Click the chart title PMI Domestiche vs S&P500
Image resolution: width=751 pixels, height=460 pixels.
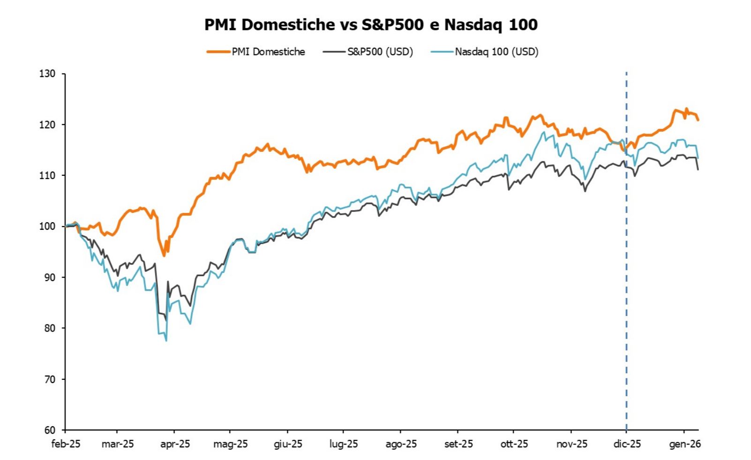pos(370,25)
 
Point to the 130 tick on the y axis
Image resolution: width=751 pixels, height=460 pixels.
pos(47,74)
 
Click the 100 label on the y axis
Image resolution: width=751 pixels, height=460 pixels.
pos(47,226)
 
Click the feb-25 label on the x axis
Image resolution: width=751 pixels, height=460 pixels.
pos(66,444)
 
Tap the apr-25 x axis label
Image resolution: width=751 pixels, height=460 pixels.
pos(175,444)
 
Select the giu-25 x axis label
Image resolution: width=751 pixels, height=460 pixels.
pos(288,444)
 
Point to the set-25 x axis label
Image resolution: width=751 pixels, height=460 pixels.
pos(458,444)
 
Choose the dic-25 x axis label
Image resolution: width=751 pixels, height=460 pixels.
pos(627,444)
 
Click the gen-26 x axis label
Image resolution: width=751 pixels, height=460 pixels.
pos(685,444)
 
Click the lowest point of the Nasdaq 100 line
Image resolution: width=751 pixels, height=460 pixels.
pos(166,340)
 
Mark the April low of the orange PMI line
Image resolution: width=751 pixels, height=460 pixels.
pos(164,256)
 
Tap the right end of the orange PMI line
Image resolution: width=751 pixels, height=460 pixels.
pos(698,120)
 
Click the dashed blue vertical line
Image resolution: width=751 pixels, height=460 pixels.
pos(626,281)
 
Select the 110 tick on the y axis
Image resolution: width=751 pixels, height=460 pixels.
pos(47,175)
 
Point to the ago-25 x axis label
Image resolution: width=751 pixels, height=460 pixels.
pos(401,444)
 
